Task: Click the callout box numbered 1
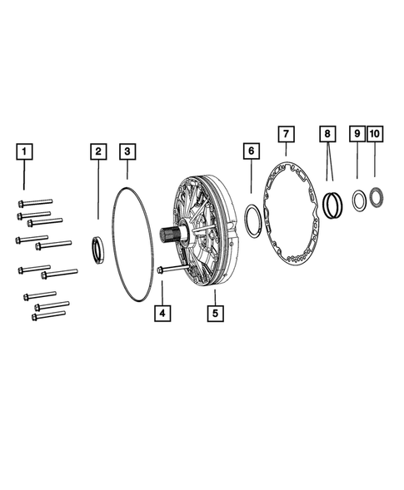point(26,151)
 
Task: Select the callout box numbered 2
point(98,151)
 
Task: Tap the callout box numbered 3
point(127,151)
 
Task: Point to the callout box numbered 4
point(162,314)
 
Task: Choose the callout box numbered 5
point(214,314)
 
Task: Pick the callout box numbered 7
point(286,134)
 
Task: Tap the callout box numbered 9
point(357,134)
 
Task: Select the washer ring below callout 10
point(375,199)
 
